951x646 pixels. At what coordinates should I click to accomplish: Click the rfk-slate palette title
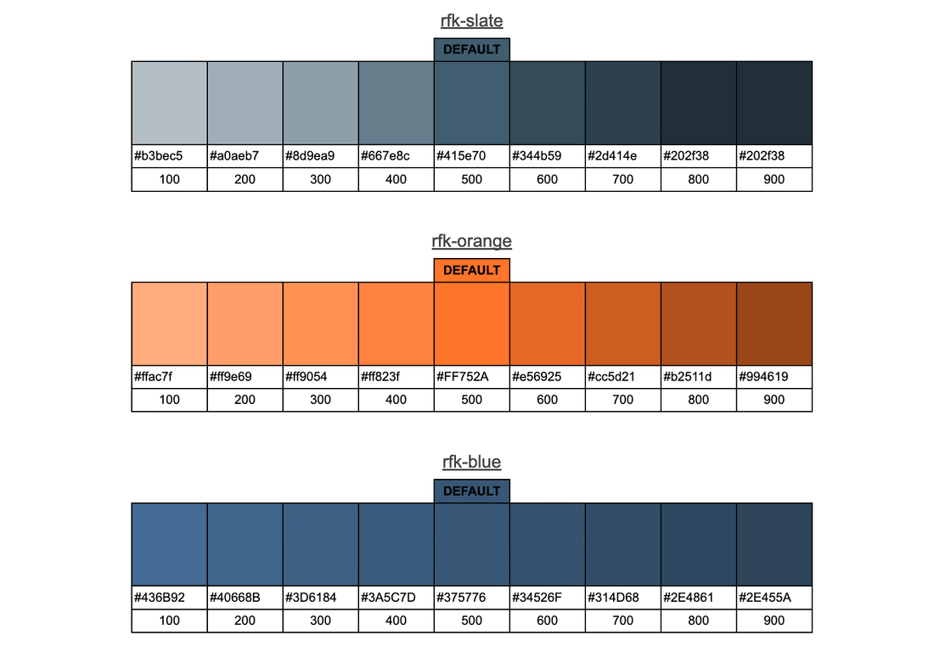pos(471,20)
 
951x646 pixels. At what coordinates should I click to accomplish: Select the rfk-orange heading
pos(471,241)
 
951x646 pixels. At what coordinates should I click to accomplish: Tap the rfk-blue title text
pos(471,462)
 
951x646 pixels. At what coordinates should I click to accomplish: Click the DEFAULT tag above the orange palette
pos(471,270)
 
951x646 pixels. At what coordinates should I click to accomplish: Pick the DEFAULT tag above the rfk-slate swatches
pos(471,49)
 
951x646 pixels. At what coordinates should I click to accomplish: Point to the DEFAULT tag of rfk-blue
pos(471,491)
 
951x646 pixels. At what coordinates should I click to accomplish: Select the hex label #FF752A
pos(463,377)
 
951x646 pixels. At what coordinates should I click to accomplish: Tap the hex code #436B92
pos(160,598)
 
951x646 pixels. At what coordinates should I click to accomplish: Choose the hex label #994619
pos(763,377)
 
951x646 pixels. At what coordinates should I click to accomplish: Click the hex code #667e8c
pos(385,156)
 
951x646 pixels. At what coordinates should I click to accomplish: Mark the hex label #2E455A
pos(765,598)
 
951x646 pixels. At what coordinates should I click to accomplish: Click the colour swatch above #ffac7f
pos(169,323)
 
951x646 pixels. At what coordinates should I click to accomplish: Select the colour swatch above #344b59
pos(547,103)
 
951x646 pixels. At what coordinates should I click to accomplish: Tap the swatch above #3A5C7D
pos(396,544)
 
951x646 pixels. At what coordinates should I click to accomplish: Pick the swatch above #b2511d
pos(698,323)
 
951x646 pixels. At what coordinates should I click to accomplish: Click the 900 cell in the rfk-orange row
pos(774,400)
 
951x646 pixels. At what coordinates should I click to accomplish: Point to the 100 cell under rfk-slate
pos(169,179)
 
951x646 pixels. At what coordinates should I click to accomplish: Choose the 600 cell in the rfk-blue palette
pos(547,621)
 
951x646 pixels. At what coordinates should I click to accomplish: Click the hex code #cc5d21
pos(612,377)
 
